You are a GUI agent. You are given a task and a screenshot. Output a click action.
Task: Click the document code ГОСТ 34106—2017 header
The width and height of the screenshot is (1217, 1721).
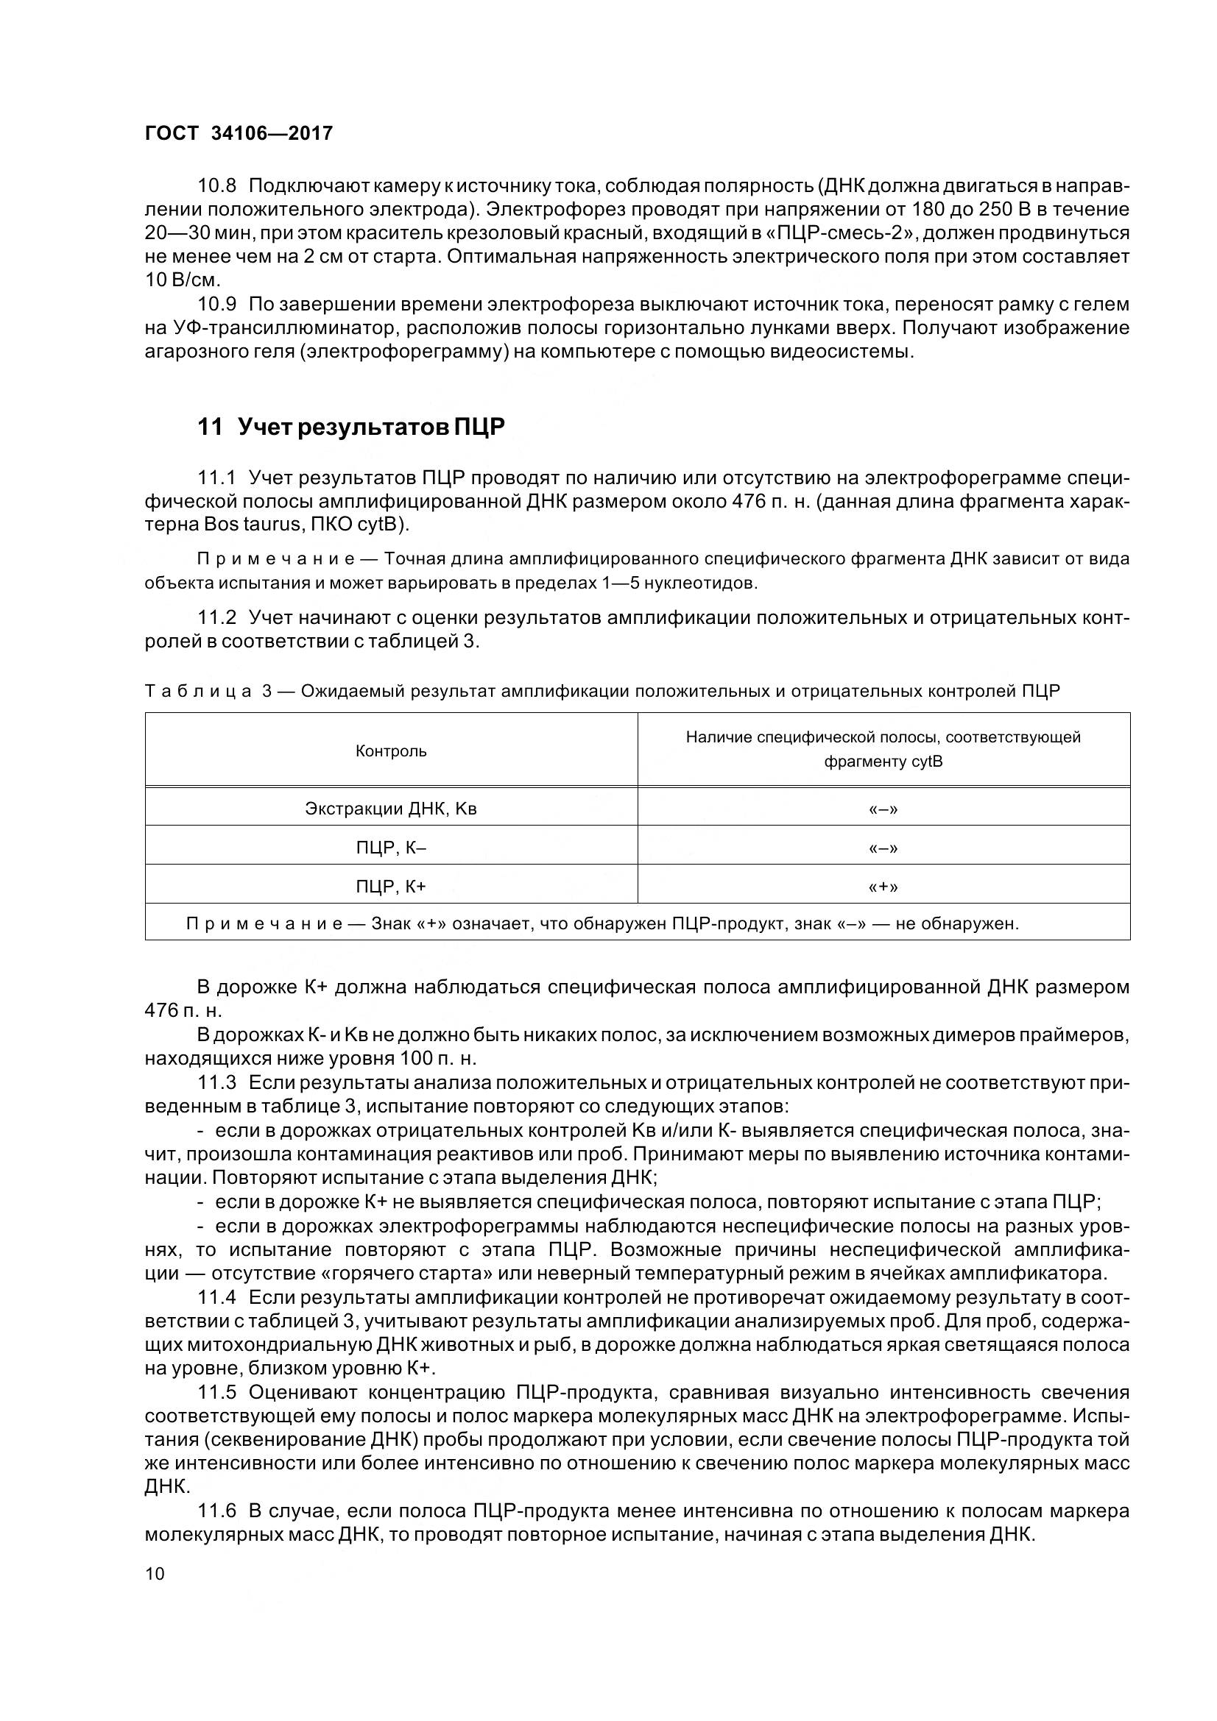point(239,133)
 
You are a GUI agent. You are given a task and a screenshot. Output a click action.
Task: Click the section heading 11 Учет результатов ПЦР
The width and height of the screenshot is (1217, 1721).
point(351,427)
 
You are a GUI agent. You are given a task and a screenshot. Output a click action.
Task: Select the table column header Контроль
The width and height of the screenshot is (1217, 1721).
point(391,751)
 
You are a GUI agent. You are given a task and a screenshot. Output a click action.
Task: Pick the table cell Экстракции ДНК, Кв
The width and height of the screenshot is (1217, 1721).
point(391,809)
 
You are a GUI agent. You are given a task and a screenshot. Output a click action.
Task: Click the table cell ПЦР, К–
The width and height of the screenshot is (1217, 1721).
point(391,848)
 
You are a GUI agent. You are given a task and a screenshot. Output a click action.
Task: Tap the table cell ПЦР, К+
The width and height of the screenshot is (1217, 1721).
point(391,887)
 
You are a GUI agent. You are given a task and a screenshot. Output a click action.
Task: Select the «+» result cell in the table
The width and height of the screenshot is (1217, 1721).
point(883,887)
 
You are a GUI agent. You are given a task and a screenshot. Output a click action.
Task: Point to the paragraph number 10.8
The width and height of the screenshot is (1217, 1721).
point(216,185)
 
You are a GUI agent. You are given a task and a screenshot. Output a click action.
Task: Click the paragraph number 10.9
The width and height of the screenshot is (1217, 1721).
point(216,305)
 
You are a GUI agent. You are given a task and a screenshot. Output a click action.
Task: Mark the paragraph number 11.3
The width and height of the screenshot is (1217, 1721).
point(216,1082)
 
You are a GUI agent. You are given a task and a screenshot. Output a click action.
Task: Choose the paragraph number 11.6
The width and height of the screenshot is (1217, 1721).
point(216,1511)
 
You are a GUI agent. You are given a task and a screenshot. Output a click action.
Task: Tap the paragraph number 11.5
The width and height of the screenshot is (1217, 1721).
point(216,1392)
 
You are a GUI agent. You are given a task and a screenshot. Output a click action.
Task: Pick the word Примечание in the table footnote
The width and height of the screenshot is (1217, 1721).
point(264,923)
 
